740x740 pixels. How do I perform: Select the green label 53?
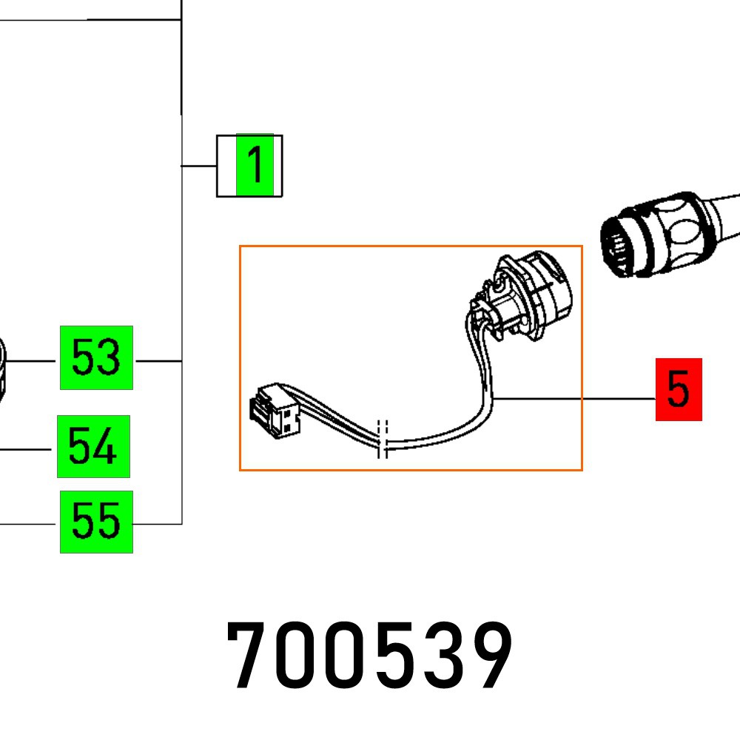96,357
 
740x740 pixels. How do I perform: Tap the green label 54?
93,446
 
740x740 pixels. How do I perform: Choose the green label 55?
96,522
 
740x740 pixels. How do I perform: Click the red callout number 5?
679,389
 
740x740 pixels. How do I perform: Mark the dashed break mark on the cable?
383,440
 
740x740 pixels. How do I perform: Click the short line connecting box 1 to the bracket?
198,166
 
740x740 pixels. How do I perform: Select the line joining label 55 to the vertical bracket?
157,524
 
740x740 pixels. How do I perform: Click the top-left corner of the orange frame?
240,246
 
